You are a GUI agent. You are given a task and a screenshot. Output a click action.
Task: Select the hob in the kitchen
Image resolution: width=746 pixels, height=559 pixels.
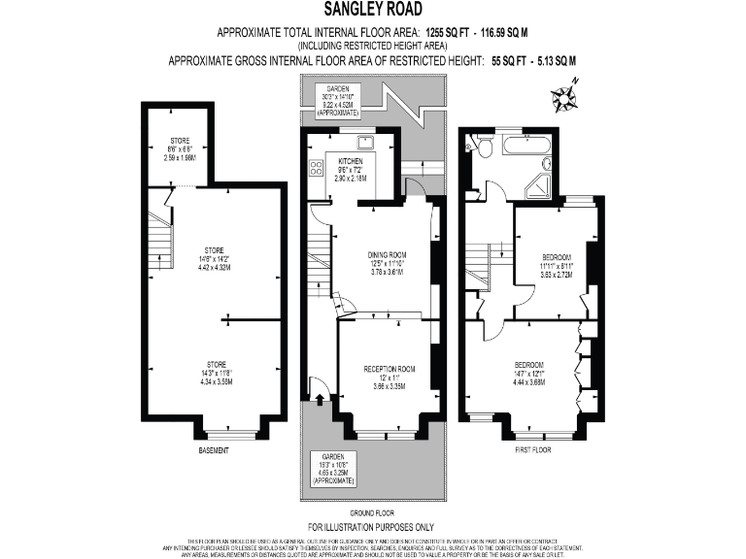pyautogui.click(x=316, y=171)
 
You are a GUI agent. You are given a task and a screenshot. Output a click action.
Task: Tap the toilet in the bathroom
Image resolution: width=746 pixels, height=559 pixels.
pyautogui.click(x=473, y=146)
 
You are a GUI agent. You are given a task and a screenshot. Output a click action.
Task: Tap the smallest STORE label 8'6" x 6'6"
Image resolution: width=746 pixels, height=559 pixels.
pyautogui.click(x=180, y=151)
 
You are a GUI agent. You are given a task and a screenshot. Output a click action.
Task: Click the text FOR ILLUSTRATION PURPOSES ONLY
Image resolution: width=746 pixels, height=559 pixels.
pyautogui.click(x=371, y=527)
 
